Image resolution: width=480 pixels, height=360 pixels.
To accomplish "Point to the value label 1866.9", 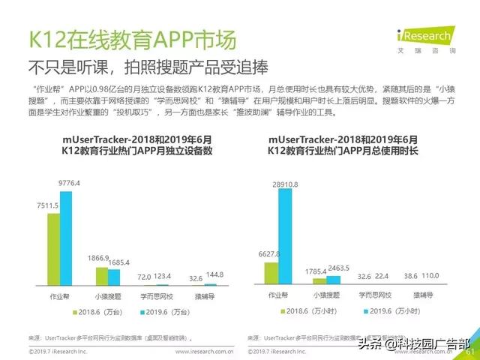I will pyautogui.click(x=97, y=257).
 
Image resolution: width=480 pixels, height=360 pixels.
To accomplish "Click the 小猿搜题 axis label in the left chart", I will pyautogui.click(x=108, y=295).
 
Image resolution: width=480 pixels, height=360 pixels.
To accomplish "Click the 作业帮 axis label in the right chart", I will pyautogui.click(x=278, y=295).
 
